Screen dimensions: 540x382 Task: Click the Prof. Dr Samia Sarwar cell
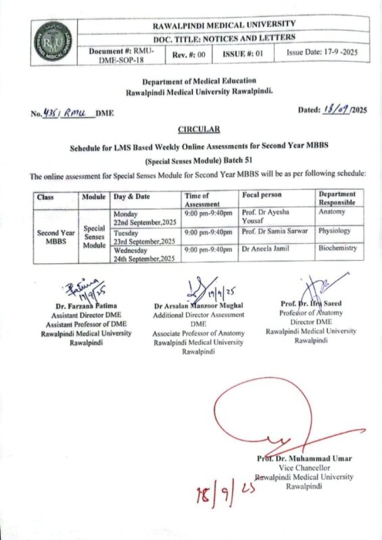(274, 232)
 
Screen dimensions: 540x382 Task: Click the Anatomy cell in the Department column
(331, 211)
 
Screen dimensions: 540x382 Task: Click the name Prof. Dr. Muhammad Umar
(304, 458)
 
